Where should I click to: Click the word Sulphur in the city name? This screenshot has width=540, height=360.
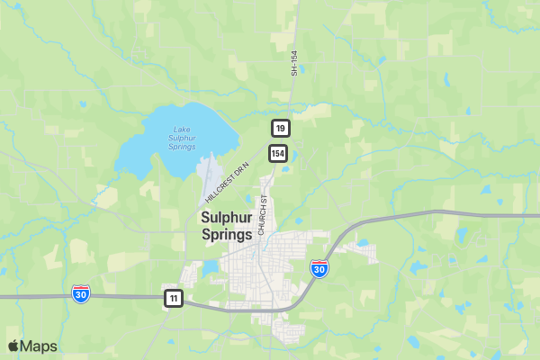point(226,217)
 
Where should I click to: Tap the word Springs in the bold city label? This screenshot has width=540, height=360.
point(227,234)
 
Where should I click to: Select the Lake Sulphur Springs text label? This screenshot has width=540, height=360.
point(182,138)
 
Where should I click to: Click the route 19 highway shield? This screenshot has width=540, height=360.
point(281,129)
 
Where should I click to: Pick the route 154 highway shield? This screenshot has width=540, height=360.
point(277,153)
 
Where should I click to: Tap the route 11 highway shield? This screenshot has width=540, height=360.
point(173,298)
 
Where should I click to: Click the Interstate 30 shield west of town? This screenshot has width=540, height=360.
point(81,292)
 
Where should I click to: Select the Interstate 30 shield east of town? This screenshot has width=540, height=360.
point(319,268)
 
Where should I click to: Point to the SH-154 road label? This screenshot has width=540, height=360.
point(293,62)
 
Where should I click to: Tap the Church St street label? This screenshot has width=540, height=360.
point(264,215)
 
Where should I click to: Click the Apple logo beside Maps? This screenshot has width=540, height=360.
point(13,346)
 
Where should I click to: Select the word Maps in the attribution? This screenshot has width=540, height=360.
point(39,346)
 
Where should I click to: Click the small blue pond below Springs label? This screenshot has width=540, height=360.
point(211,267)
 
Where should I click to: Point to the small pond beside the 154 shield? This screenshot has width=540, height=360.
point(285,167)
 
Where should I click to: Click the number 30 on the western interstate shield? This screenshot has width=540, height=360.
point(81,293)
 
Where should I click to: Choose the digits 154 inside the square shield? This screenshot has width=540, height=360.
point(277,153)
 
